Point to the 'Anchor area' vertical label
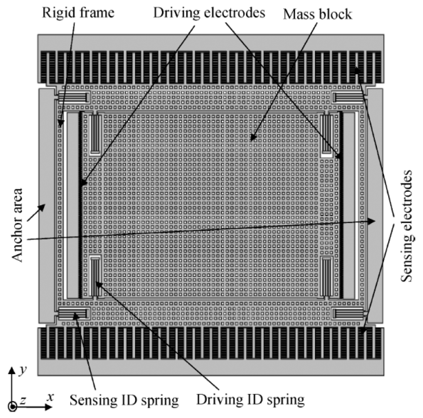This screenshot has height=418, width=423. pos(17,225)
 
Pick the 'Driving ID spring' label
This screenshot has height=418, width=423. pos(250,399)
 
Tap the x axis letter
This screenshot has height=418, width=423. pos(50,397)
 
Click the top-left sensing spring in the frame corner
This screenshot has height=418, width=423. pos(73,98)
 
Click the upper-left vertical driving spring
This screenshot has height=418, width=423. pos(95,134)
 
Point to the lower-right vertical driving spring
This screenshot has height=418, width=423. pos(326,277)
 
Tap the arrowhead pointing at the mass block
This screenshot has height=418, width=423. pos(252,138)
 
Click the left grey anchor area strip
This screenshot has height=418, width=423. pos(46,205)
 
